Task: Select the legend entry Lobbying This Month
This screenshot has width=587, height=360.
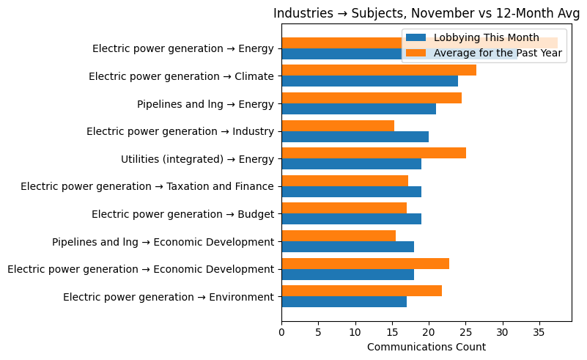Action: pyautogui.click(x=486, y=37)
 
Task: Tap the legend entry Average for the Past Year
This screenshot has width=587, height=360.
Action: pyautogui.click(x=498, y=52)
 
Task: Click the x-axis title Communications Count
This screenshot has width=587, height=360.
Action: pyautogui.click(x=426, y=347)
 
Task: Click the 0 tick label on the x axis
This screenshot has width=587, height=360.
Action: pyautogui.click(x=281, y=331)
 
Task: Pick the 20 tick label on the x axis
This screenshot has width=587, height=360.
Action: pyautogui.click(x=429, y=331)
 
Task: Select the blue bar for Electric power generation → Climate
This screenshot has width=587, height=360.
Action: pyautogui.click(x=369, y=81)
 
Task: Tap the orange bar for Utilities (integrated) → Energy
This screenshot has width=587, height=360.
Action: pyautogui.click(x=374, y=153)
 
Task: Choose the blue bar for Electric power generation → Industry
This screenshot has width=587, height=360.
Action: pyautogui.click(x=355, y=136)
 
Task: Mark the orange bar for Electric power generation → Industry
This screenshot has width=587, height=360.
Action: pyautogui.click(x=338, y=125)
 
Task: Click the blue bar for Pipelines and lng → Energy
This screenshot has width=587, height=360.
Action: pyautogui.click(x=358, y=109)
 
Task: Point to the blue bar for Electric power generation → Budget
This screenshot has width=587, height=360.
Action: pyautogui.click(x=351, y=219)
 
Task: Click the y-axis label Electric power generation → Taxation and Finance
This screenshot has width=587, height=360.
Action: pyautogui.click(x=147, y=186)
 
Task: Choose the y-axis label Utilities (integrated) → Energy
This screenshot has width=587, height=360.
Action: pyautogui.click(x=197, y=159)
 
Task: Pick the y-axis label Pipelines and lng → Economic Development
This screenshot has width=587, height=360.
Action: pyautogui.click(x=163, y=241)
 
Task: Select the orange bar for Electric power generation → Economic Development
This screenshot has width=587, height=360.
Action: pyautogui.click(x=365, y=263)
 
